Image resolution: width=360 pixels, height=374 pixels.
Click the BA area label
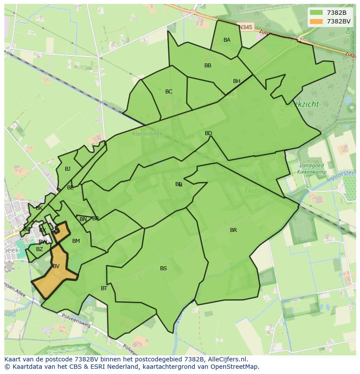(x=227, y=40)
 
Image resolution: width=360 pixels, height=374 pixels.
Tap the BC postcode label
(x=169, y=92)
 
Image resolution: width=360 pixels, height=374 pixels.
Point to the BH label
(x=237, y=81)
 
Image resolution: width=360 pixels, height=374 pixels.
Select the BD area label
(x=208, y=133)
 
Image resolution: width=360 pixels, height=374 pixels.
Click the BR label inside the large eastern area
(x=233, y=230)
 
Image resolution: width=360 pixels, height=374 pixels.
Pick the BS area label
(x=163, y=268)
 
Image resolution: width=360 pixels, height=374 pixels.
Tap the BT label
(x=104, y=288)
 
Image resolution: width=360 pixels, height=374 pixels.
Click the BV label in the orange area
(x=56, y=266)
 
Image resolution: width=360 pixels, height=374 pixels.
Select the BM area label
(x=76, y=241)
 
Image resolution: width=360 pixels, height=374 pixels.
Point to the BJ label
(x=67, y=169)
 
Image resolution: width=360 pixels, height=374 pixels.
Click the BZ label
(x=40, y=249)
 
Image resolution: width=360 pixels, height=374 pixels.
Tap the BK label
(x=39, y=208)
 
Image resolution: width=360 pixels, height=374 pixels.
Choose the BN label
(x=83, y=219)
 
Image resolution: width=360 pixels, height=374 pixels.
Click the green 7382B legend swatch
(x=316, y=13)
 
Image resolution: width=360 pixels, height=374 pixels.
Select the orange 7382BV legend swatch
(x=316, y=21)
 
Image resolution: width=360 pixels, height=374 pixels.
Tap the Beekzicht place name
(x=302, y=104)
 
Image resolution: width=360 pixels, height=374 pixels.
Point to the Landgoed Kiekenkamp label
(x=311, y=169)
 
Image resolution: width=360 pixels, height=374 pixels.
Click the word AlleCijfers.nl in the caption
(x=227, y=359)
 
